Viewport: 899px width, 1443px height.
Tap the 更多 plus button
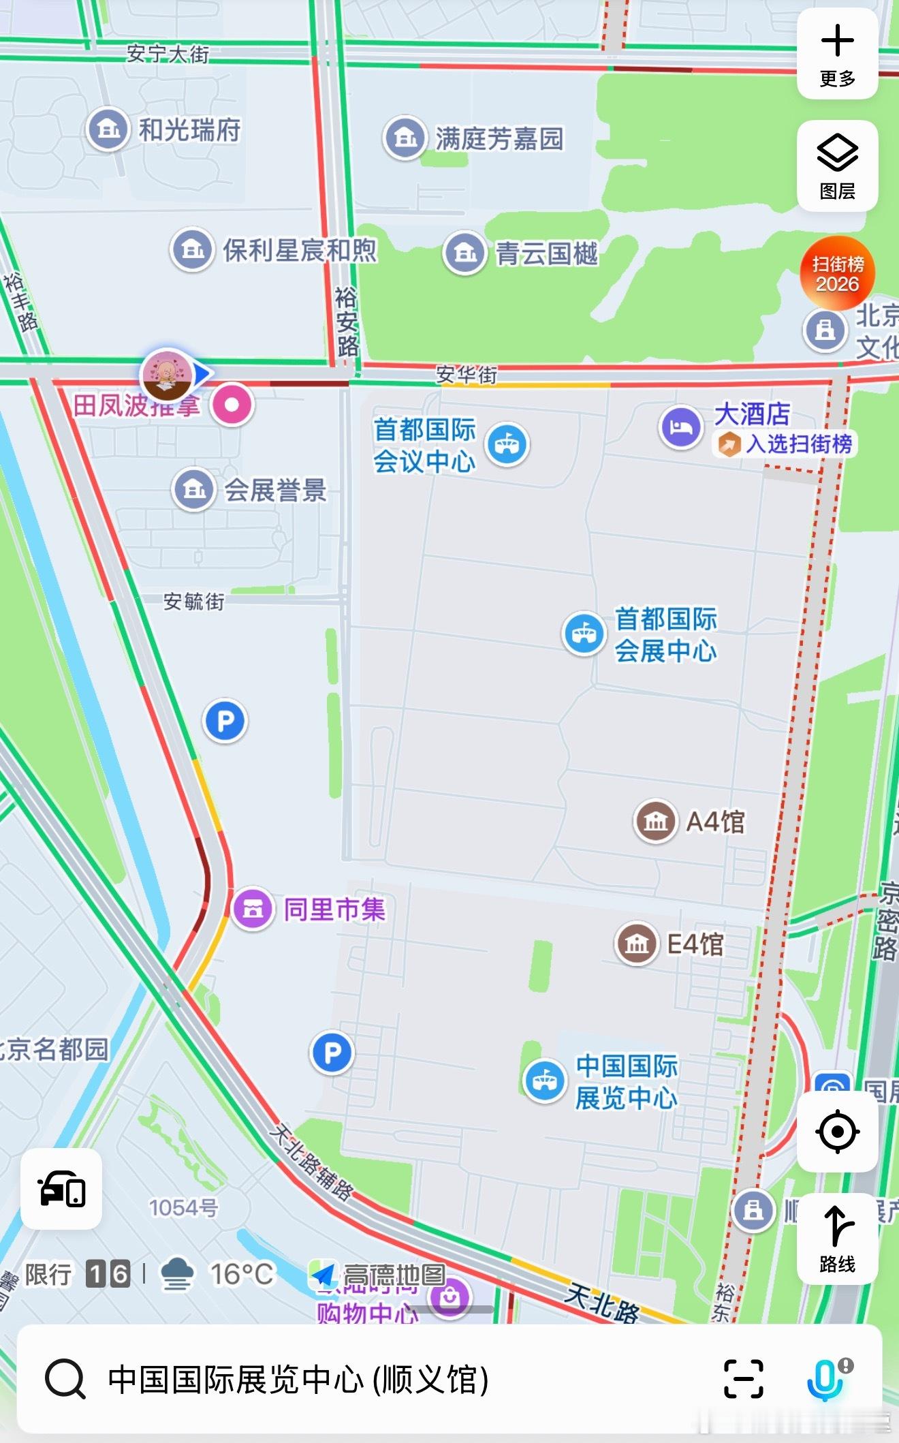pos(837,54)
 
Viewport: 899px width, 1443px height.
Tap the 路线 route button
pos(837,1238)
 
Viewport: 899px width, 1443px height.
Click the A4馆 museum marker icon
pos(655,821)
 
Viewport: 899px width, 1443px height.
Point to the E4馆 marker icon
pos(636,944)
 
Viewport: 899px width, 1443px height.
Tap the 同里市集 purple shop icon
pos(253,909)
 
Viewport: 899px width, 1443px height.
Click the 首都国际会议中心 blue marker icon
pos(507,444)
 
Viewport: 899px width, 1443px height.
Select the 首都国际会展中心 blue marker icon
pos(584,634)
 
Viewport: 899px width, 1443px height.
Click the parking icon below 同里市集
pos(332,1053)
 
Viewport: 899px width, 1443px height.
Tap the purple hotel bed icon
pos(680,427)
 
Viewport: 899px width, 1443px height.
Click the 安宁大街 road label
pos(168,54)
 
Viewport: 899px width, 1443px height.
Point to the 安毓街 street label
pos(194,602)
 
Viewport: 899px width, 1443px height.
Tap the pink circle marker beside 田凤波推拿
pos(232,405)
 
